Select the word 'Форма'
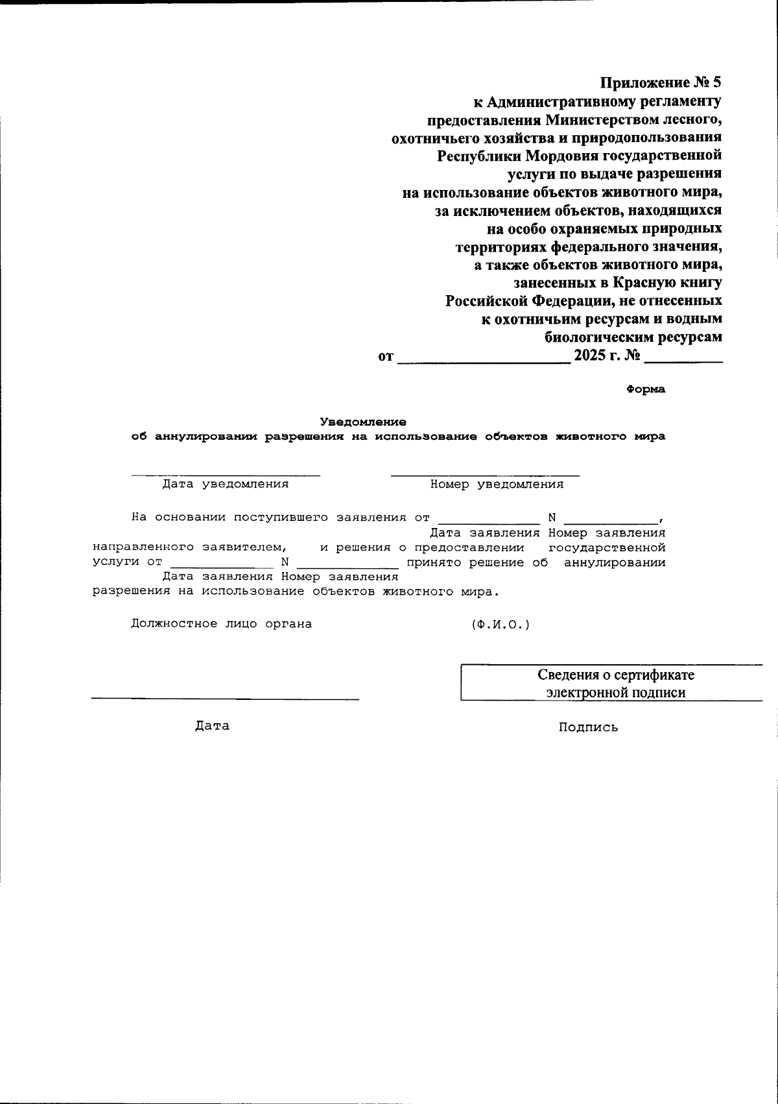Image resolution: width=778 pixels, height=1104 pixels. (646, 390)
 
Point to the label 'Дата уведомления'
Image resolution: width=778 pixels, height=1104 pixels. (225, 484)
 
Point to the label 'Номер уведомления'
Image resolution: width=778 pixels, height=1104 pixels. (497, 484)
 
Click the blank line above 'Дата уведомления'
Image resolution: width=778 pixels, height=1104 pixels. (225, 475)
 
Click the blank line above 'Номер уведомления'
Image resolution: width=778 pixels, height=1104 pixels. (485, 475)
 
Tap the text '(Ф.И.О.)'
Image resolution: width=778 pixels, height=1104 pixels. (501, 624)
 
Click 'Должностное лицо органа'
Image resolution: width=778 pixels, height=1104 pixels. (221, 624)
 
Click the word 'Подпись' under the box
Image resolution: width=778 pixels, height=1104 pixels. (588, 728)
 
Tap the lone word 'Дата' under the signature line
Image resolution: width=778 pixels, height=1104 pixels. (212, 726)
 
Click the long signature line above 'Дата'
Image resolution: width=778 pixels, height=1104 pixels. (225, 699)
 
